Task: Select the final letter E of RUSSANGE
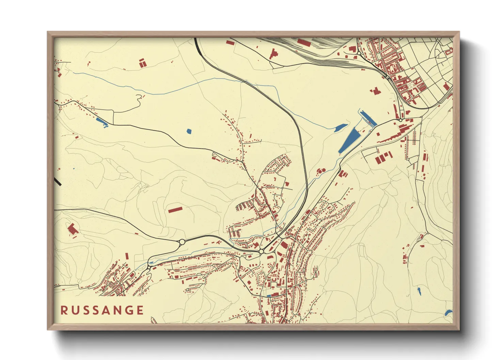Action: pos(140,310)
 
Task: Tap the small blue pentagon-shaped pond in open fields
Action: pos(189,131)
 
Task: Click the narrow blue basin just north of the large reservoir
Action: pos(367,118)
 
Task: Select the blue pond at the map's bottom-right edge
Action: pos(448,313)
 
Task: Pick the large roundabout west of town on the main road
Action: pos(182,242)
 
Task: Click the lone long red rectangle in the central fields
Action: pos(175,209)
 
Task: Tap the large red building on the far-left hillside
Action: pos(73,229)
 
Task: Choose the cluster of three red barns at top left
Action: pos(142,63)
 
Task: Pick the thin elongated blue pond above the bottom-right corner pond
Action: pos(419,291)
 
